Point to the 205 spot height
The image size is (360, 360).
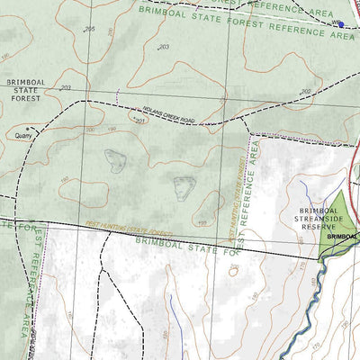coord(89,30)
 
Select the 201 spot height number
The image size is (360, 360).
coord(140,119)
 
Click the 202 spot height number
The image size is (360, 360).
coord(305,92)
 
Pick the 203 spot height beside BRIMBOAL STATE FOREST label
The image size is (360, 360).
coord(66,88)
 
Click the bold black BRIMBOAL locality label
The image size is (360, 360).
coord(343,236)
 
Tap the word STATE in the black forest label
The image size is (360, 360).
coord(25,90)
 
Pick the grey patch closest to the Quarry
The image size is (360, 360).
coord(114,160)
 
